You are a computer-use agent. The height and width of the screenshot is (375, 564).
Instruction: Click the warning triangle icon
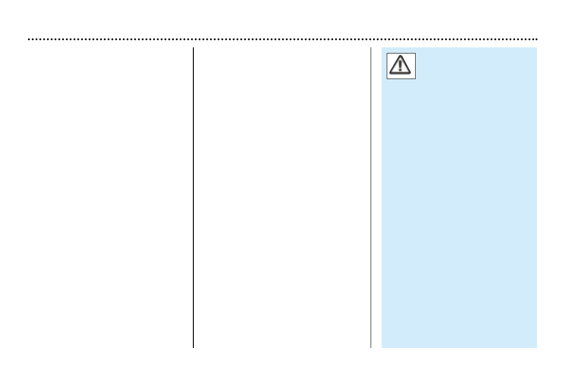[401, 65]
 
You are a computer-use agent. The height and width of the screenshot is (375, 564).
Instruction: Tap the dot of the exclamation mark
[401, 70]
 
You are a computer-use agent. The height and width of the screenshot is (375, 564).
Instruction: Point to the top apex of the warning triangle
[401, 56]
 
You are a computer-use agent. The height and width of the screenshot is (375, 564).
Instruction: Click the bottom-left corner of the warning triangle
[390, 74]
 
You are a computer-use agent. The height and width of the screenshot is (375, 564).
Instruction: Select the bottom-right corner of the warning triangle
[412, 74]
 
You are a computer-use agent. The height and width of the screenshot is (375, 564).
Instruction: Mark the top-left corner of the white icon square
[387, 53]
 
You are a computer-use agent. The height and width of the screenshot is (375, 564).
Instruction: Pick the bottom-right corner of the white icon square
[416, 79]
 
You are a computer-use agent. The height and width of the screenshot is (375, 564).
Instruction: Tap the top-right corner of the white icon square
[416, 53]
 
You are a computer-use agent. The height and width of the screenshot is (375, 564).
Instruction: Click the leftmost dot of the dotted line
[29, 39]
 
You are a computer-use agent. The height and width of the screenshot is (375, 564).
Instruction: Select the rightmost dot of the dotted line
[536, 39]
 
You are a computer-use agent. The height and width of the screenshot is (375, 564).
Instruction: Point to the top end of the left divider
[193, 48]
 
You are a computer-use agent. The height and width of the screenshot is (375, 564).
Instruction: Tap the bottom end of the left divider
[193, 348]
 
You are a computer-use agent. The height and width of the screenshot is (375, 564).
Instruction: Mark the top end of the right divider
[371, 48]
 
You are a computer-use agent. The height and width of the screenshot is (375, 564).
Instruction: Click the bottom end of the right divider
[371, 348]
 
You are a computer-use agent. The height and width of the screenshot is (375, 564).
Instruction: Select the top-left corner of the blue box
[382, 47]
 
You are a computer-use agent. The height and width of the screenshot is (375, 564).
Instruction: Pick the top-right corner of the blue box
[537, 47]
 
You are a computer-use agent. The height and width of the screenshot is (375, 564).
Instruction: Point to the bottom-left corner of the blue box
[382, 348]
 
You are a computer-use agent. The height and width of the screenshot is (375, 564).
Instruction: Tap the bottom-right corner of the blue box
[537, 348]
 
